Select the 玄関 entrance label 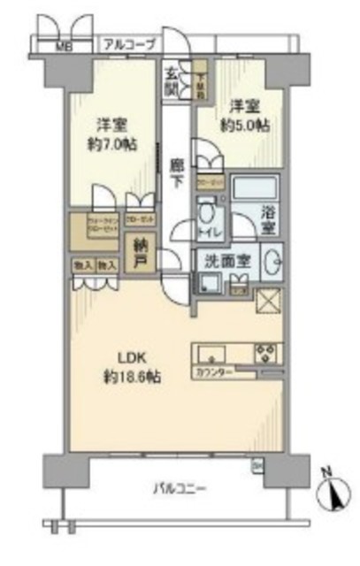tap(172, 80)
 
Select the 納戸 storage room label tap(140, 255)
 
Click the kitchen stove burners tap(266, 351)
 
